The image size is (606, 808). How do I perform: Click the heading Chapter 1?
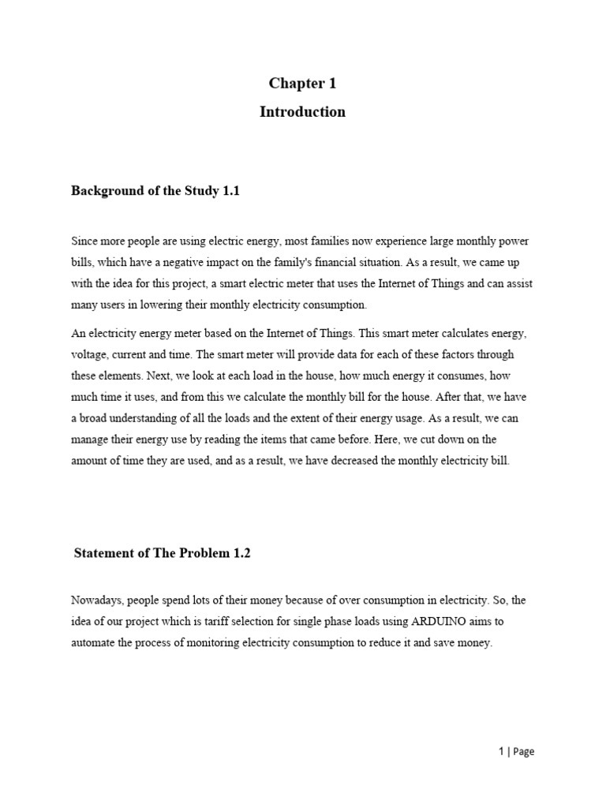(x=302, y=84)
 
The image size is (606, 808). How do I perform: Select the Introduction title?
(x=302, y=111)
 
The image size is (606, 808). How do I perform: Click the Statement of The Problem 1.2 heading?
(x=162, y=553)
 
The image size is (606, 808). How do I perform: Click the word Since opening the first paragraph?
(x=84, y=241)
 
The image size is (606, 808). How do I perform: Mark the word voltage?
(x=88, y=355)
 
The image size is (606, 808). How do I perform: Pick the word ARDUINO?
(x=432, y=622)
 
